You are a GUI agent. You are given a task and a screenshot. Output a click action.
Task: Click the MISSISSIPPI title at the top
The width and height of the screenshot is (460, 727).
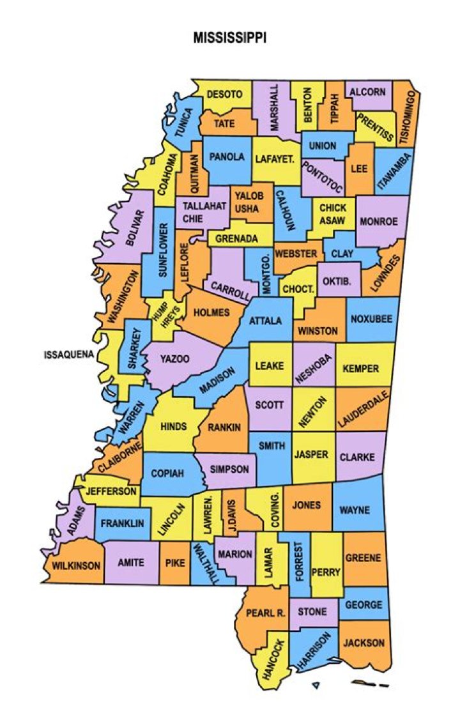230,38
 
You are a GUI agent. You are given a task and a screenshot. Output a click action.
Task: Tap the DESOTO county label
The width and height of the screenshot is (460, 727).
224,95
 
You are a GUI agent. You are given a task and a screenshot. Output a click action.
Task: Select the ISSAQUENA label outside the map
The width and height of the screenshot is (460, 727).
69,355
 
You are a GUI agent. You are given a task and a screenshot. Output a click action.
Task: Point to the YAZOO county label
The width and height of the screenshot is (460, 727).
174,359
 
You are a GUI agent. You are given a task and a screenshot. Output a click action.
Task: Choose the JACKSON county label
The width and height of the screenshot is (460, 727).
364,643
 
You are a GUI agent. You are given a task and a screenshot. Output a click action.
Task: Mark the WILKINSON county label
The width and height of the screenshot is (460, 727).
76,566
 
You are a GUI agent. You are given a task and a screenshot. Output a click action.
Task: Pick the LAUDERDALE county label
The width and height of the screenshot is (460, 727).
364,409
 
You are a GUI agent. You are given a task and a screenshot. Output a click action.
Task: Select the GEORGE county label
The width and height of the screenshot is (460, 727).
363,604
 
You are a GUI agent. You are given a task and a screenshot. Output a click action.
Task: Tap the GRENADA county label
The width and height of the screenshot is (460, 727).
236,239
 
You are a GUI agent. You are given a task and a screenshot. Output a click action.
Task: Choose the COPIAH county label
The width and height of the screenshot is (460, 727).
167,474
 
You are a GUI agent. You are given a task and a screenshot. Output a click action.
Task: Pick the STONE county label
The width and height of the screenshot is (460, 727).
312,612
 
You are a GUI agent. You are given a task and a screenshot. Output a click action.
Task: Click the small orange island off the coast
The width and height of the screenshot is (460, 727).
363,684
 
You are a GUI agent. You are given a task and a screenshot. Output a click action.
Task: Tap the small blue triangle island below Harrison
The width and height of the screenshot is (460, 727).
316,687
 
